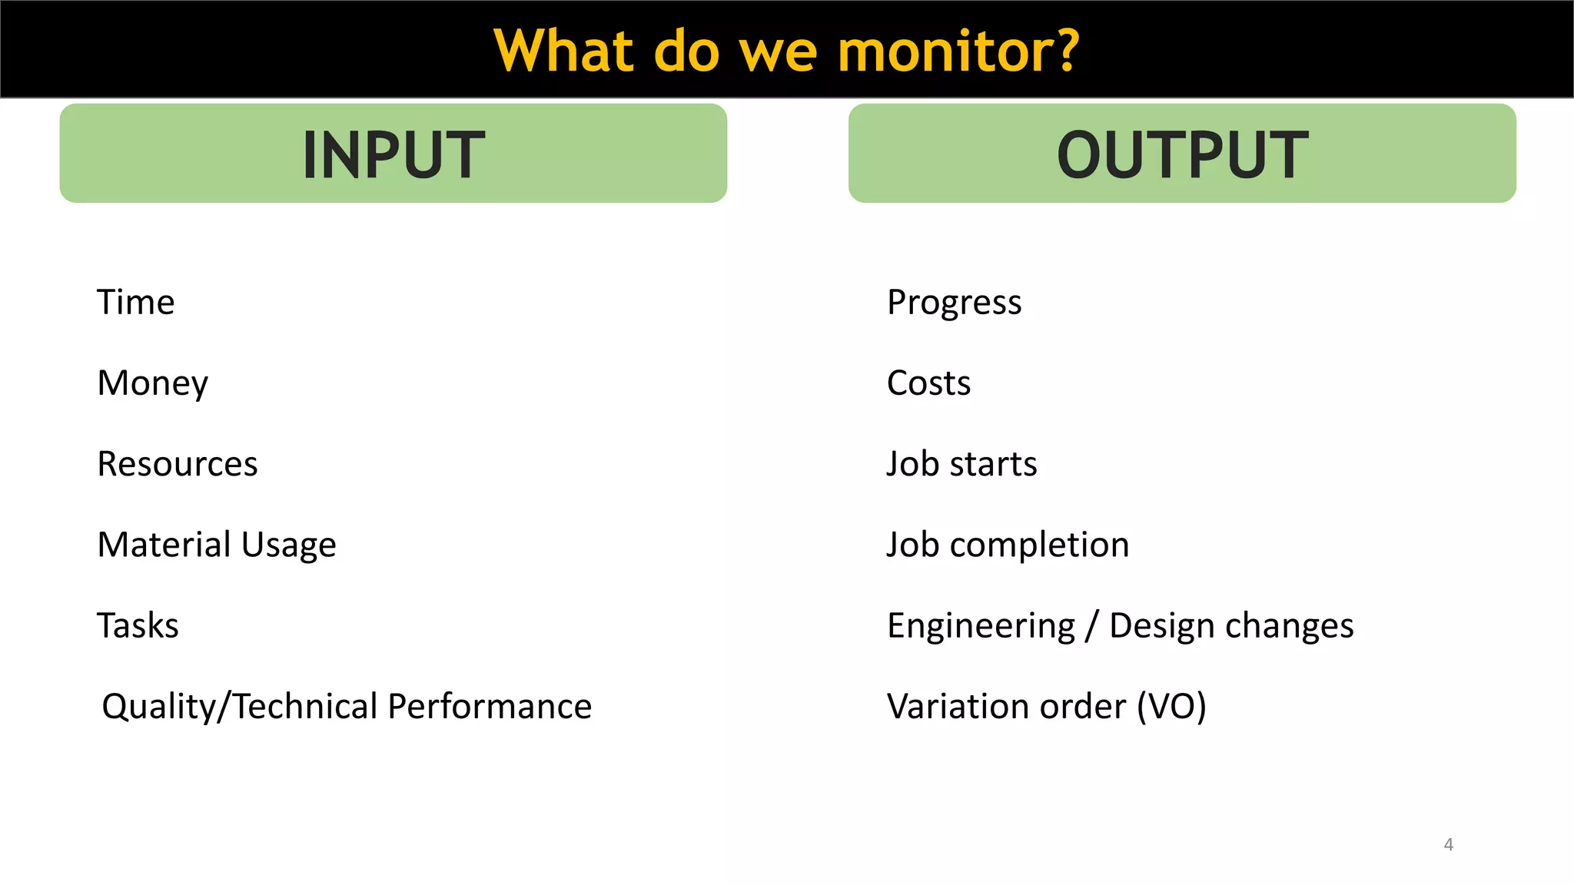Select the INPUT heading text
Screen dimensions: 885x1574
pos(393,155)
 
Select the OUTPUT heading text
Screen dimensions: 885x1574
pos(1182,155)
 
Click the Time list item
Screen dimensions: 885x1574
pos(136,302)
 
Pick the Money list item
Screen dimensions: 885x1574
pos(153,383)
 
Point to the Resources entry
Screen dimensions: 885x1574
pos(178,464)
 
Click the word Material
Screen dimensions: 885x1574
pos(164,545)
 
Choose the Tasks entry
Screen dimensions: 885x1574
pos(138,625)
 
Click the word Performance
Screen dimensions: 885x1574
pos(490,706)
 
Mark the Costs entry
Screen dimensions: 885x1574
pos(928,383)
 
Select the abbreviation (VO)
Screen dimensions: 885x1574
pos(1171,706)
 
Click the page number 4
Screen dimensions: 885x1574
pos(1448,844)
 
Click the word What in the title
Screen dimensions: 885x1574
pos(563,51)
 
